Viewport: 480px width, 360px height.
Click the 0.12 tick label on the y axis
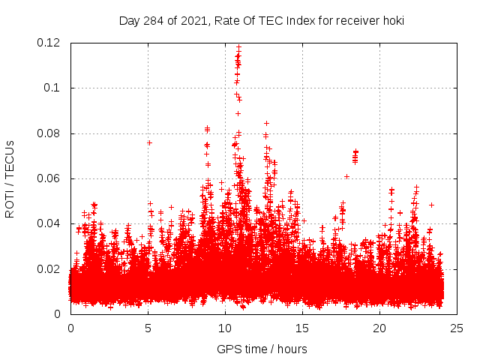pyautogui.click(x=49, y=43)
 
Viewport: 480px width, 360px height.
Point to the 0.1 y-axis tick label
pyautogui.click(x=53, y=88)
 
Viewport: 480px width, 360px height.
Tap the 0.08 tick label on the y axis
pyautogui.click(x=49, y=133)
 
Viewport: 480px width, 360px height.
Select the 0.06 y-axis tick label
pyautogui.click(x=49, y=178)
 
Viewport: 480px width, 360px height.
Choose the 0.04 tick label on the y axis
pyautogui.click(x=49, y=223)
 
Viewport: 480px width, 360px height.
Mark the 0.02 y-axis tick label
pyautogui.click(x=49, y=268)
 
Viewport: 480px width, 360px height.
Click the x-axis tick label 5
pyautogui.click(x=148, y=328)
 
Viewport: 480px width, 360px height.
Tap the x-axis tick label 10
pyautogui.click(x=225, y=328)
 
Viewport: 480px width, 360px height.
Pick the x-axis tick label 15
pyautogui.click(x=302, y=328)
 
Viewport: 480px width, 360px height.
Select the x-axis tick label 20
pyautogui.click(x=379, y=328)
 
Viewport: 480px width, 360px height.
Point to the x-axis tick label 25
pyautogui.click(x=457, y=328)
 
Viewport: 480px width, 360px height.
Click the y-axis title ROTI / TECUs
pyautogui.click(x=10, y=178)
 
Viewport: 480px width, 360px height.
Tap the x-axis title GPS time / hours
pyautogui.click(x=262, y=349)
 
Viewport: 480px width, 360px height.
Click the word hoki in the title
pyautogui.click(x=392, y=21)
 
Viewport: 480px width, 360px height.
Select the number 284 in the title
pyautogui.click(x=154, y=21)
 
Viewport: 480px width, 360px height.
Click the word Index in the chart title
pyautogui.click(x=295, y=21)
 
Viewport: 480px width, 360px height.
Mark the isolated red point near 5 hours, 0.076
pyautogui.click(x=149, y=142)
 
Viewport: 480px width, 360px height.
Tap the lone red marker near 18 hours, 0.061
pyautogui.click(x=346, y=176)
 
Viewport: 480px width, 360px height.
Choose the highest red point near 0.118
pyautogui.click(x=238, y=46)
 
